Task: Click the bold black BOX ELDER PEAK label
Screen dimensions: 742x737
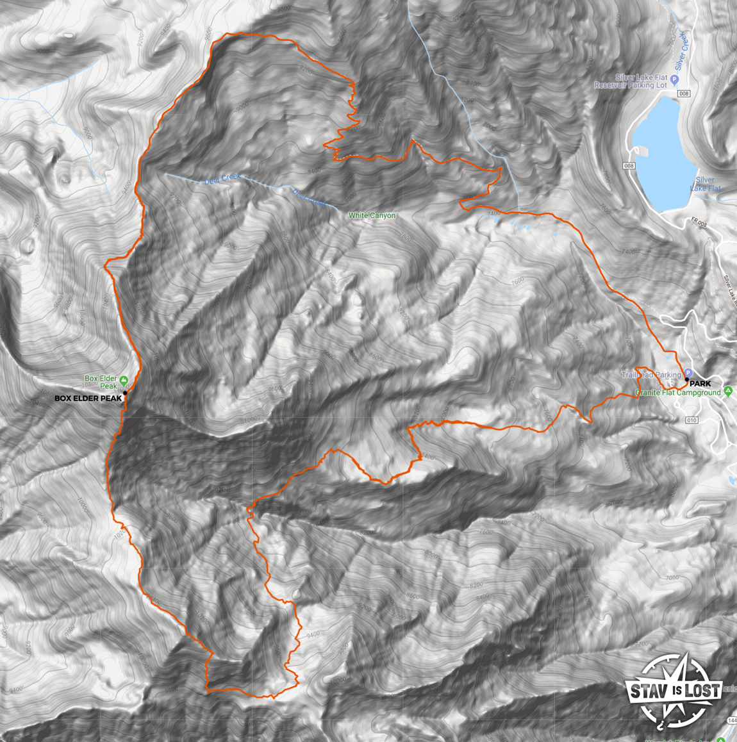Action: click(88, 399)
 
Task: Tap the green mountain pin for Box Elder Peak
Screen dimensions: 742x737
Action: click(124, 380)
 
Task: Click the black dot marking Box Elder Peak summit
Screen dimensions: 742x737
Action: click(126, 392)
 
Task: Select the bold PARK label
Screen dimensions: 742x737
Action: click(700, 384)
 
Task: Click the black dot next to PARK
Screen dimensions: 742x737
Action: click(687, 380)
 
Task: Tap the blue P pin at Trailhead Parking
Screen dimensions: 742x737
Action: click(688, 373)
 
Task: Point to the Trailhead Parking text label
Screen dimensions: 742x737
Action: click(650, 375)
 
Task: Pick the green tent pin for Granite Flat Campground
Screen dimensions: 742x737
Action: click(728, 392)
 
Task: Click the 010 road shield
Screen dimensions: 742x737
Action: click(691, 420)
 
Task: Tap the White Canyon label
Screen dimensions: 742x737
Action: click(372, 216)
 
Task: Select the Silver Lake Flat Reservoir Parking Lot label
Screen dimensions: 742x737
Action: click(631, 81)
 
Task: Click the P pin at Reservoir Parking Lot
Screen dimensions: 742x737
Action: click(674, 80)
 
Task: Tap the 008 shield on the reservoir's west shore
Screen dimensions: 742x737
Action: click(629, 166)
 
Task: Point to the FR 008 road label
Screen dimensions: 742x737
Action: click(699, 224)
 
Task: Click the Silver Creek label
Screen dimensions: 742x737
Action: click(681, 51)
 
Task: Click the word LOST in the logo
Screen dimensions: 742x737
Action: click(703, 689)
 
